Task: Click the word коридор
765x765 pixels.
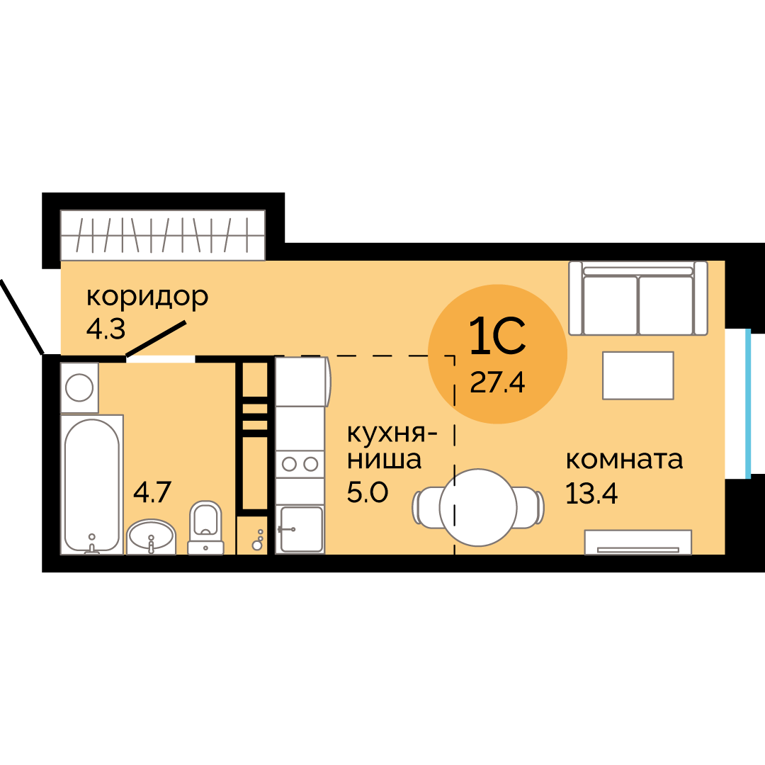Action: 147,297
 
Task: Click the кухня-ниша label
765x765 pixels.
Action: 392,446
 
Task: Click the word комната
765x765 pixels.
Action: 625,460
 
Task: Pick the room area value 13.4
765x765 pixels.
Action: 591,493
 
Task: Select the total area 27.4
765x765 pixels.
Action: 497,382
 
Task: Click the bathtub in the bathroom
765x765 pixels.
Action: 91,484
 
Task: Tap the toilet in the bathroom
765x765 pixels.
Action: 205,528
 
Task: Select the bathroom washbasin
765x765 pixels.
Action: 152,537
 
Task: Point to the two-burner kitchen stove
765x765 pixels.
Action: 300,463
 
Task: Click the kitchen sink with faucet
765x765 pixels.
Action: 300,529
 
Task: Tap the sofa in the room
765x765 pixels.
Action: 638,298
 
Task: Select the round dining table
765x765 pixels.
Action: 478,507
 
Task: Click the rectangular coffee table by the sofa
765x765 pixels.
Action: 638,375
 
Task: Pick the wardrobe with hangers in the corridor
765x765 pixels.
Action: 162,235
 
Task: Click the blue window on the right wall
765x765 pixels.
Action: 748,404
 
